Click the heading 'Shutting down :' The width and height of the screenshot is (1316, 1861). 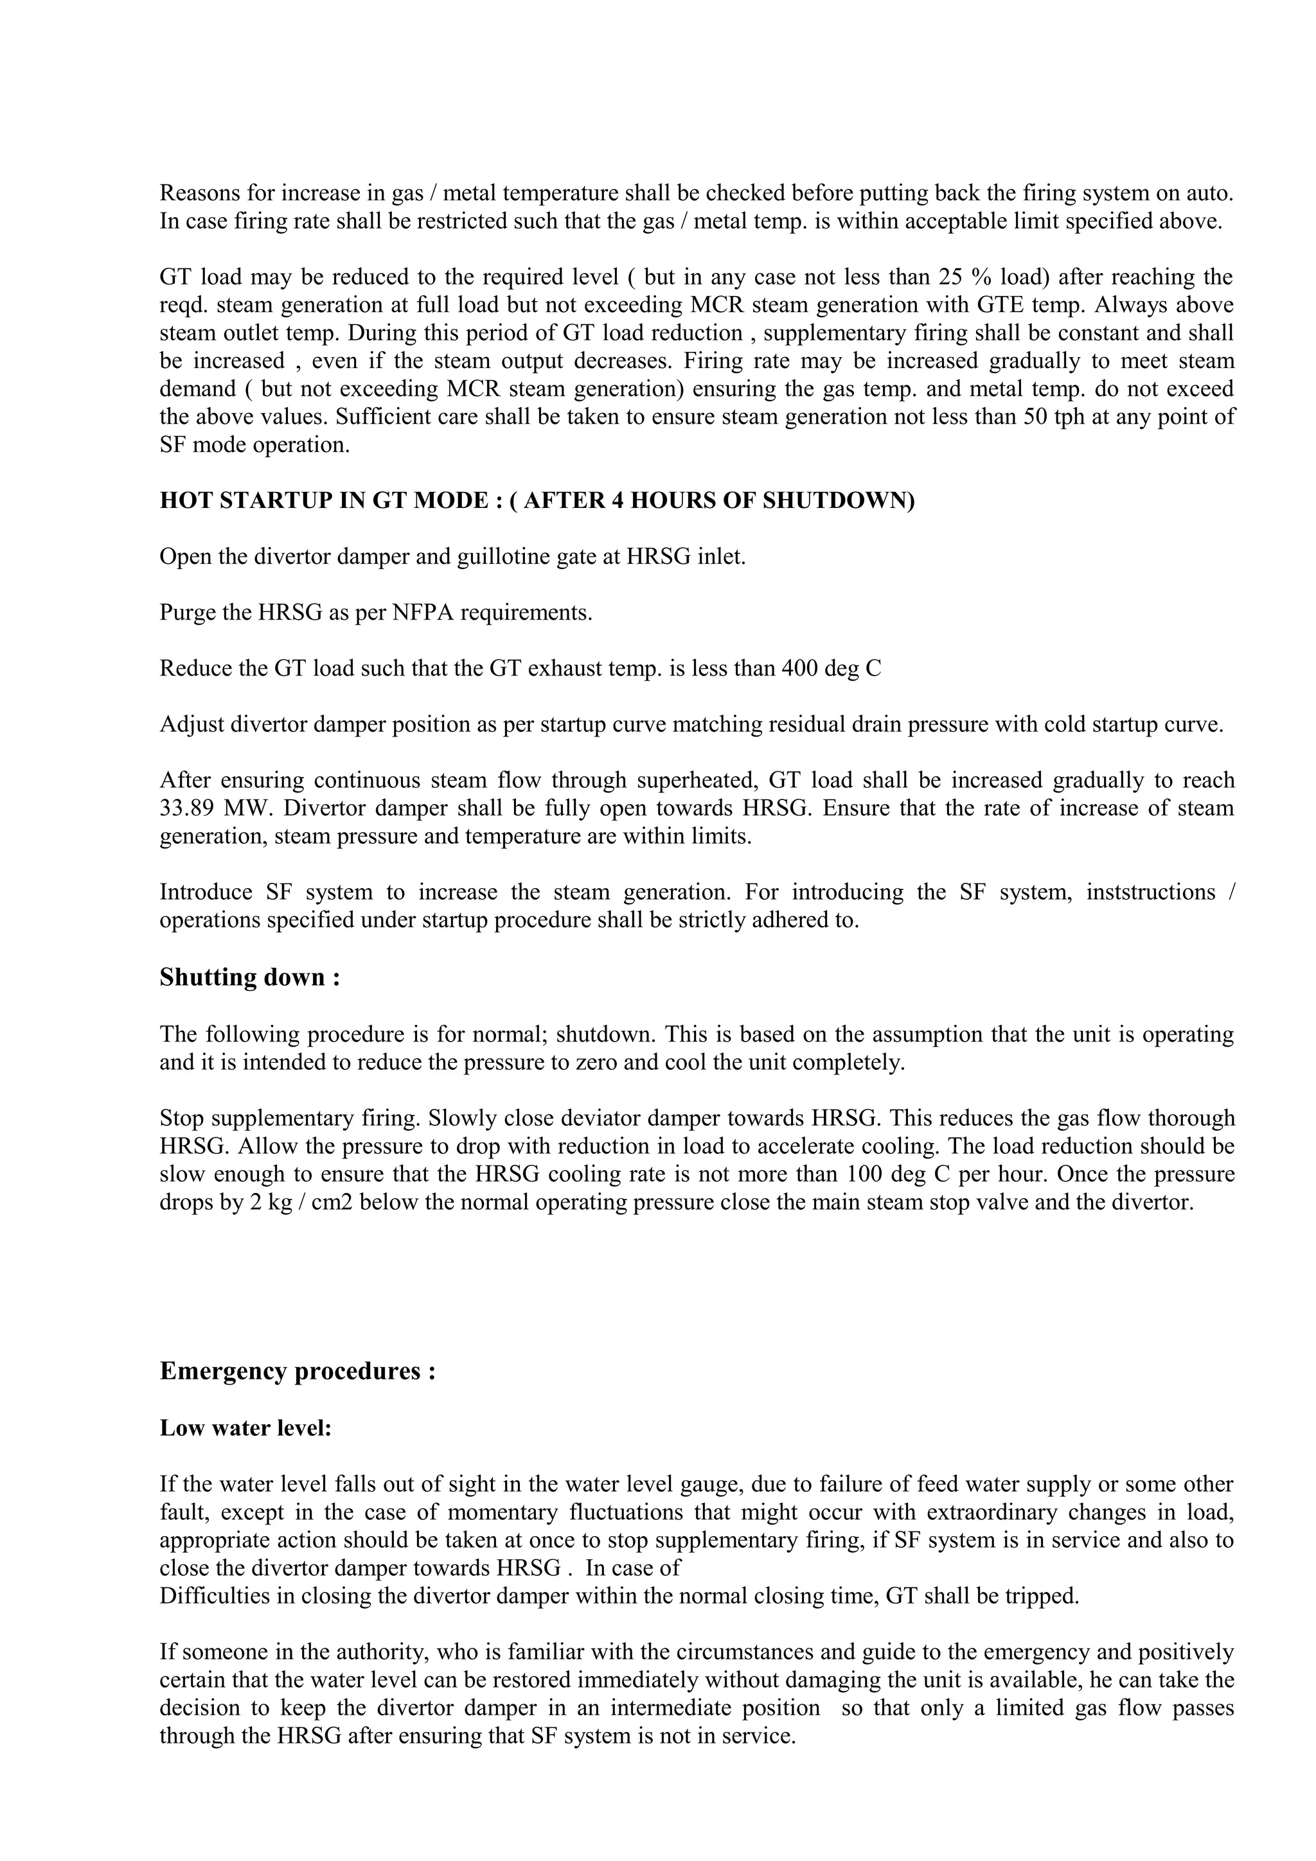(x=249, y=977)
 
